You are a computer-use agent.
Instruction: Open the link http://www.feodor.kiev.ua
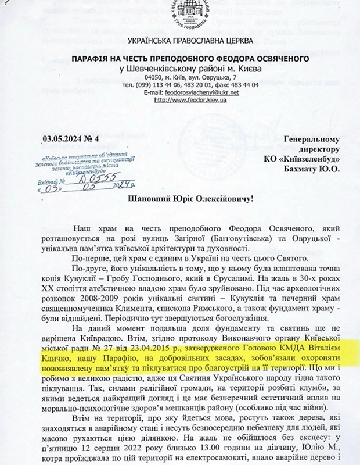[x=182, y=100]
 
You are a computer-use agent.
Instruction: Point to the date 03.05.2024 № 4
[x=71, y=138]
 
